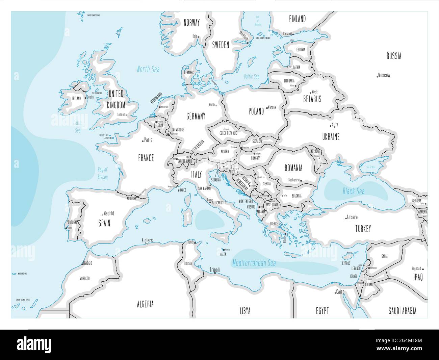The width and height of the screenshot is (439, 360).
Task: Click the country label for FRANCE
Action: click(146, 158)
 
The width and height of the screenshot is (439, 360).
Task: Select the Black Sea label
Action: click(354, 191)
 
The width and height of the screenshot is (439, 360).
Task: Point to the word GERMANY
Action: click(196, 117)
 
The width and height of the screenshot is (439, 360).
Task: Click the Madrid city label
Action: click(109, 213)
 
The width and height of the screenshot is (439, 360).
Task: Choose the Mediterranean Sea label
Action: click(254, 263)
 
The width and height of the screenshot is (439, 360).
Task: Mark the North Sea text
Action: click(148, 70)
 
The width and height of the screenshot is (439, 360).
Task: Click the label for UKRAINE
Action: click(331, 137)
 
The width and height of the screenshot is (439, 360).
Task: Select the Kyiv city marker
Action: click(331, 126)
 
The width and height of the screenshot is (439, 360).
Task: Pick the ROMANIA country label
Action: click(293, 168)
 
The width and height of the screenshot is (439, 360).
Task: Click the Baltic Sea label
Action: click(252, 77)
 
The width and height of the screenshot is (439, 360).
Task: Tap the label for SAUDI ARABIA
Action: click(402, 311)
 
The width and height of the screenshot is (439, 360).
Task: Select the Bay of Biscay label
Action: click(103, 173)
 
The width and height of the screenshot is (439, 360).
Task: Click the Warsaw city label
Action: click(272, 107)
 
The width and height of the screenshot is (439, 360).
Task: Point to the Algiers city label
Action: click(147, 240)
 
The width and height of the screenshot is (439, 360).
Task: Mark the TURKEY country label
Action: click(363, 229)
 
